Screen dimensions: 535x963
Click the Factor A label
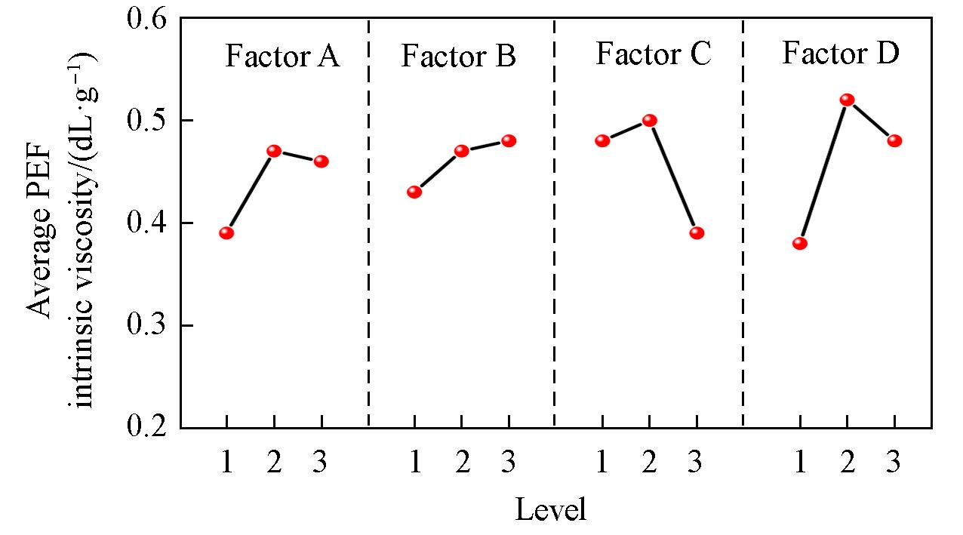[282, 57]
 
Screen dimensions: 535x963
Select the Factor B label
[458, 57]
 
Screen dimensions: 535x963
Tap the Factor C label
[653, 55]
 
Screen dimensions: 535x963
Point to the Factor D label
[840, 54]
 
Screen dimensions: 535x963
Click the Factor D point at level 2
[847, 100]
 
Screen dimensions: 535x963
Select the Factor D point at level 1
[800, 243]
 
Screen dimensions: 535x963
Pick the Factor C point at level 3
[697, 232]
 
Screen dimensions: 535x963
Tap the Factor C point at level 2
[649, 120]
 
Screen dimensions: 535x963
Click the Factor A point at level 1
[226, 232]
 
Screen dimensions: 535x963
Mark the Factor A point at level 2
[274, 150]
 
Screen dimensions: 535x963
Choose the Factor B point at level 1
[414, 192]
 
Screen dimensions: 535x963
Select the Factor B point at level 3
[509, 140]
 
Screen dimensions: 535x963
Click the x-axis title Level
[550, 510]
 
